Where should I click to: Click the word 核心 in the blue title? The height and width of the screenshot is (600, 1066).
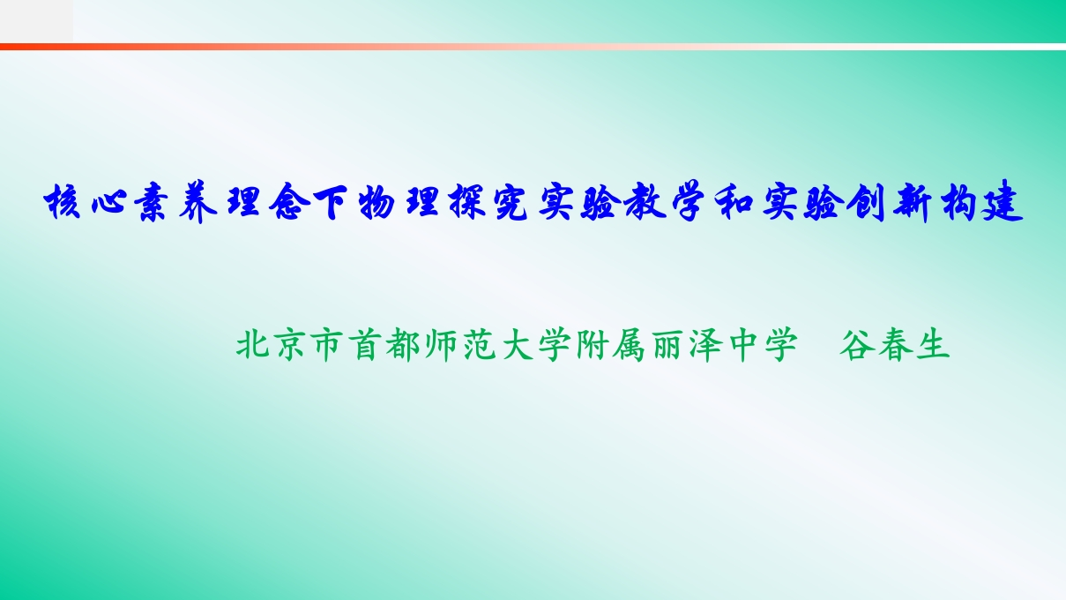click(x=86, y=202)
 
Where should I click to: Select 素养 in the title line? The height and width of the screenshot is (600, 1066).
click(x=175, y=202)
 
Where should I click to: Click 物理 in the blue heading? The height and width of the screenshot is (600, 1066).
click(x=399, y=202)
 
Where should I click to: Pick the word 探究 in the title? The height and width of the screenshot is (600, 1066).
click(x=488, y=202)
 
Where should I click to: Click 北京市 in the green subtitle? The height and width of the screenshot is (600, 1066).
click(x=289, y=344)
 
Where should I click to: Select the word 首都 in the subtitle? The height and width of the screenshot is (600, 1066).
click(x=384, y=344)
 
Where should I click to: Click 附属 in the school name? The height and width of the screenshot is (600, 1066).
click(x=610, y=344)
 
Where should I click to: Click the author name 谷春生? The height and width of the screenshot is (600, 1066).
click(x=895, y=344)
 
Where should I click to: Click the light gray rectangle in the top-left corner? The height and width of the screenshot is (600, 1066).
click(x=36, y=21)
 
